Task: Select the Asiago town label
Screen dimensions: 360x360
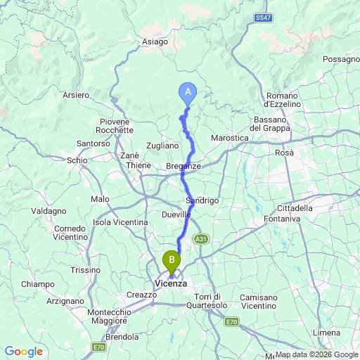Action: [155, 41]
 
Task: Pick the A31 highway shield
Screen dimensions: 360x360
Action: [201, 238]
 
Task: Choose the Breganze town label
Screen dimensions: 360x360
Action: [184, 166]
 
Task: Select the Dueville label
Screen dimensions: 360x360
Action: [176, 214]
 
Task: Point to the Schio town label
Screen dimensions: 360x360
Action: [77, 160]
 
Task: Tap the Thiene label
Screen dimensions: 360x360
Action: [139, 166]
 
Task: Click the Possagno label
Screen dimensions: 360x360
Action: [341, 60]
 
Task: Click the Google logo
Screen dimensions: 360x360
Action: [23, 352]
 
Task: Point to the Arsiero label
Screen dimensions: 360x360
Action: [76, 94]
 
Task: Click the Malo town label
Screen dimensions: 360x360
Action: [100, 200]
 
